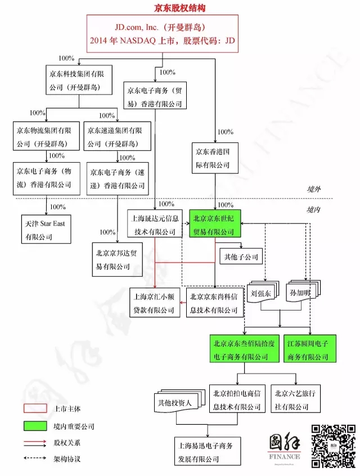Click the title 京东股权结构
(179, 8)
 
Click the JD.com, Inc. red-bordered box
(163, 34)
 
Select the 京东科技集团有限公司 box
(79, 80)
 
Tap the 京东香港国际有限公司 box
(215, 158)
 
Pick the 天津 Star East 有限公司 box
(46, 229)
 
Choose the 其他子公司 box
(241, 257)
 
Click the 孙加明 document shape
(303, 291)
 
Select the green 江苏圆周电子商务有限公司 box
(310, 348)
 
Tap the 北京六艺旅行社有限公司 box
(295, 398)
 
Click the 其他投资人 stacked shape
(179, 401)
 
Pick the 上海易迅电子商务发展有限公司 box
(208, 451)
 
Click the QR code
(334, 446)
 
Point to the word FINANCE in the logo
(285, 456)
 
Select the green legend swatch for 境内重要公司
(35, 426)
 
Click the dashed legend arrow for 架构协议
(35, 458)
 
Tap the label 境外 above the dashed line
(313, 189)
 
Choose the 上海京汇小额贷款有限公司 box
(155, 303)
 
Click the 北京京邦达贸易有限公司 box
(117, 259)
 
